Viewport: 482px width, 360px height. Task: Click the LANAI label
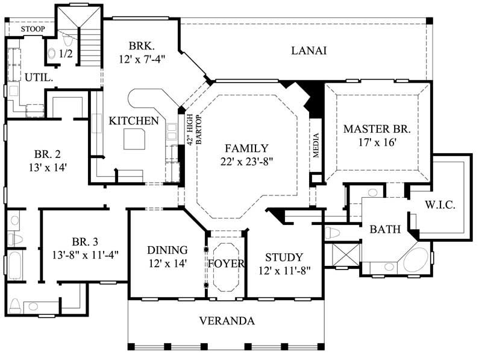pyautogui.click(x=309, y=51)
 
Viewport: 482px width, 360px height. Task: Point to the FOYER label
pyautogui.click(x=226, y=264)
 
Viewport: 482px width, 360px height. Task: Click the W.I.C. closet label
pyautogui.click(x=440, y=205)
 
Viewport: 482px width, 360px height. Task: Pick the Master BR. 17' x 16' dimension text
pyautogui.click(x=377, y=142)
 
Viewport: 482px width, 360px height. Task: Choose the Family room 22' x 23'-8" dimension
pyautogui.click(x=246, y=161)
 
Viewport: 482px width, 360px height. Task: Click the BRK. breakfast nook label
pyautogui.click(x=142, y=45)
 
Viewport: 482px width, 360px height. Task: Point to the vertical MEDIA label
pyautogui.click(x=316, y=145)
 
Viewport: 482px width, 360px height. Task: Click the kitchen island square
pyautogui.click(x=135, y=140)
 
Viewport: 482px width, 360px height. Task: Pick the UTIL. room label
pyautogui.click(x=37, y=77)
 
